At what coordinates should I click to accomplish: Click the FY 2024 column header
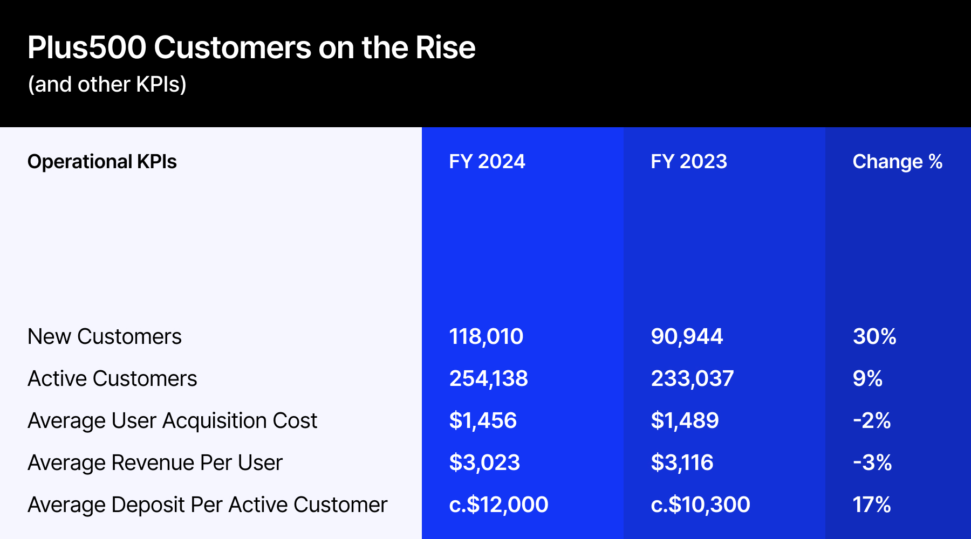pyautogui.click(x=487, y=162)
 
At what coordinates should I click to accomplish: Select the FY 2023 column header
pyautogui.click(x=688, y=162)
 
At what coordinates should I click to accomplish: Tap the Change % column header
pyautogui.click(x=897, y=162)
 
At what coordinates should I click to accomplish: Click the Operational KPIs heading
pyautogui.click(x=102, y=162)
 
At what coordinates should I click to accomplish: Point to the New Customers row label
pyautogui.click(x=104, y=337)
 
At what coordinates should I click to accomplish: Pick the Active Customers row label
pyautogui.click(x=112, y=379)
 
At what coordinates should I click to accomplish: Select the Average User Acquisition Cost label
pyautogui.click(x=172, y=421)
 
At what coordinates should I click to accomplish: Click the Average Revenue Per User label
pyautogui.click(x=155, y=463)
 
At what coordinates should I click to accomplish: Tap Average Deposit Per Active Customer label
pyautogui.click(x=207, y=505)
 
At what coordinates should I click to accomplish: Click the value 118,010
pyautogui.click(x=485, y=337)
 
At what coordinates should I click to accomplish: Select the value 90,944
pyautogui.click(x=686, y=337)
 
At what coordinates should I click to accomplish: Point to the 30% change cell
pyautogui.click(x=874, y=337)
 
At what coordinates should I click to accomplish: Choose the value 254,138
pyautogui.click(x=488, y=379)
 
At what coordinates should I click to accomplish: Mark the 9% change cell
pyautogui.click(x=867, y=379)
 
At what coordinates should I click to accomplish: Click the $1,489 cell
pyautogui.click(x=684, y=421)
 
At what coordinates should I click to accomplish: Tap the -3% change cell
pyautogui.click(x=872, y=463)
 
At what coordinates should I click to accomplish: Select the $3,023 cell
pyautogui.click(x=484, y=463)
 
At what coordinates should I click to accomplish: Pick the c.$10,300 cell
pyautogui.click(x=700, y=505)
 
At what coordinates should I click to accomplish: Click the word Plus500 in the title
pyautogui.click(x=86, y=47)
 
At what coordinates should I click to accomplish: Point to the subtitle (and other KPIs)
pyautogui.click(x=107, y=85)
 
